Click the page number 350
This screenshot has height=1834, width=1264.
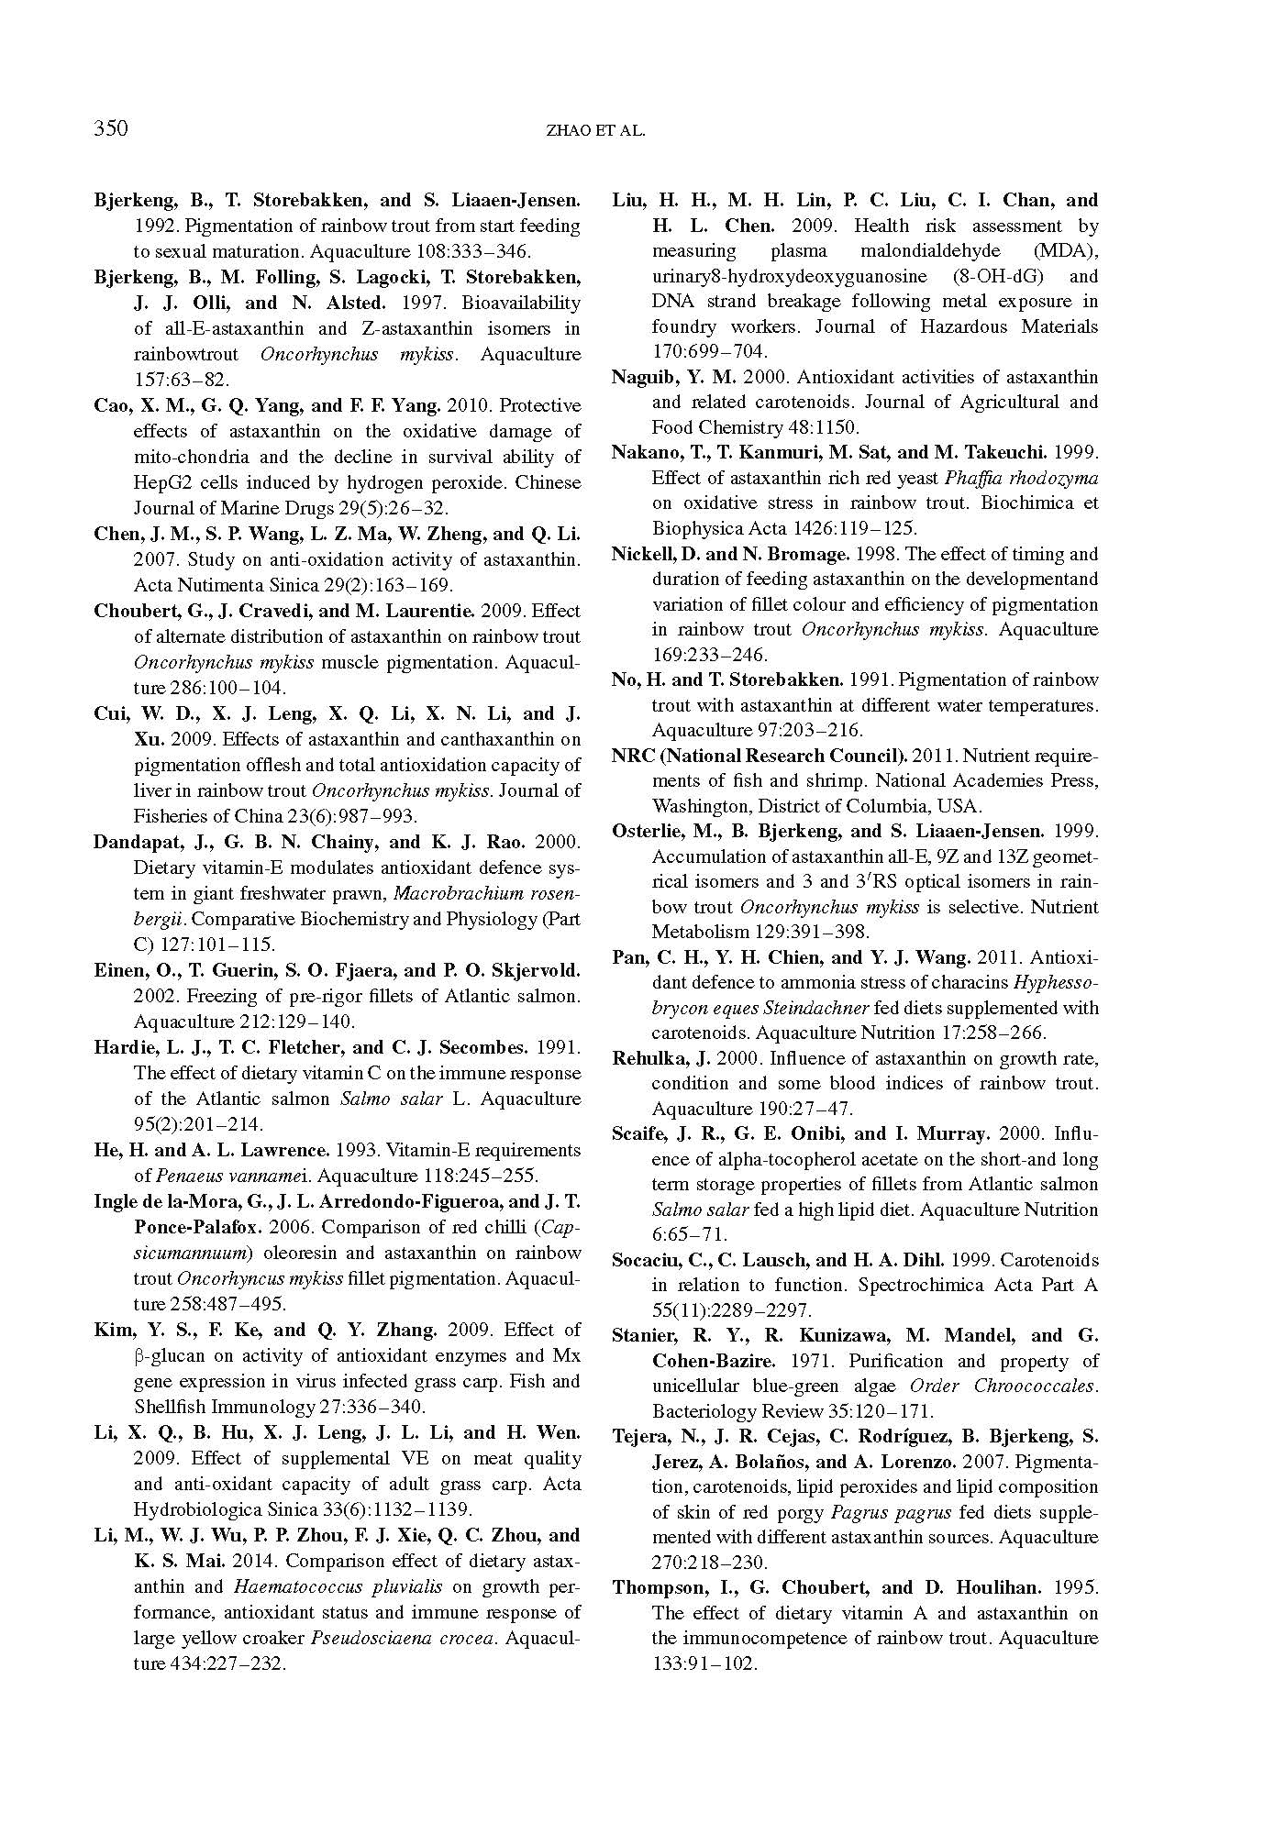[111, 128]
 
